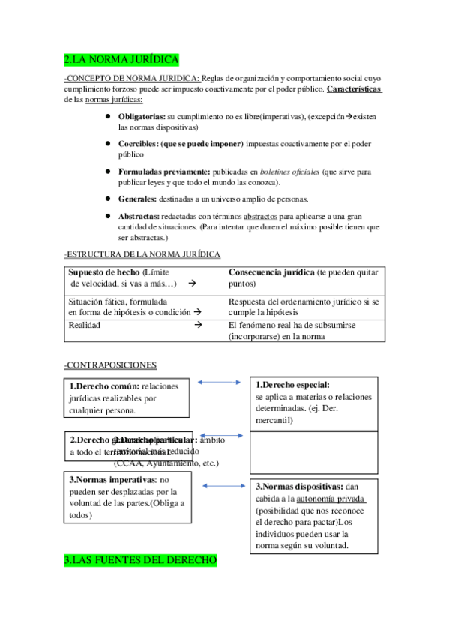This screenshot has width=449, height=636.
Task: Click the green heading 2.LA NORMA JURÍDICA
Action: tap(121, 59)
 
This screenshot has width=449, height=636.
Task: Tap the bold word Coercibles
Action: tap(138, 144)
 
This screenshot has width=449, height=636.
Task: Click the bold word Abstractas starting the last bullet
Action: tap(139, 215)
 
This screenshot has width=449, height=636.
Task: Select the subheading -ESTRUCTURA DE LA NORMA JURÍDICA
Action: tap(142, 254)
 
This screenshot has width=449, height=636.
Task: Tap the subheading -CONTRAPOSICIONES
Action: tap(110, 364)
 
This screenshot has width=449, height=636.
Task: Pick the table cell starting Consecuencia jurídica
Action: tap(303, 277)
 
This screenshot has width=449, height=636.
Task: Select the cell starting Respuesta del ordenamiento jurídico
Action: tap(303, 306)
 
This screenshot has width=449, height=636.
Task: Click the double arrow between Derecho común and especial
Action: tap(219, 382)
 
